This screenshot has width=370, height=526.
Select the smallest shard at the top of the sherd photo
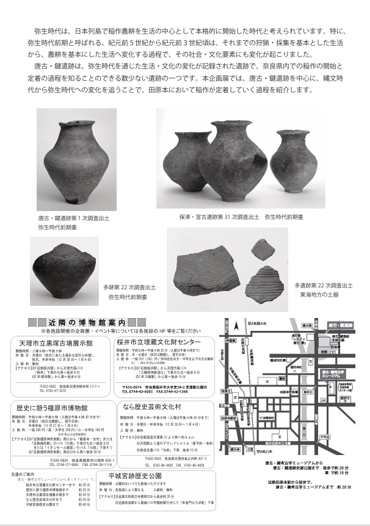pyautogui.click(x=263, y=250)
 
